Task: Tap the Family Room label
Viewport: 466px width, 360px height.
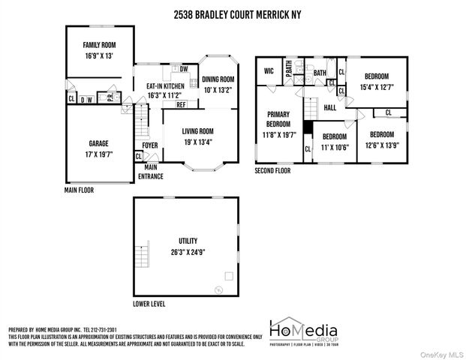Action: (x=100, y=45)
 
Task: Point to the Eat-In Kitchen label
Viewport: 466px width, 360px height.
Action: (x=165, y=86)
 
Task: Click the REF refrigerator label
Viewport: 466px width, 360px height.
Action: (x=181, y=105)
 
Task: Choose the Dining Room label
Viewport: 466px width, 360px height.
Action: (x=218, y=79)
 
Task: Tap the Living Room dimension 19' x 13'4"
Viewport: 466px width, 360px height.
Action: (x=197, y=141)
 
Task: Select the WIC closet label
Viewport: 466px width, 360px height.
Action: (x=269, y=71)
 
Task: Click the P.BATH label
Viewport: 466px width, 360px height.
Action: (x=288, y=72)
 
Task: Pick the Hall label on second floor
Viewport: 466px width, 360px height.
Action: (x=329, y=108)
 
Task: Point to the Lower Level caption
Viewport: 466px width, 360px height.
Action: (x=149, y=304)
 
